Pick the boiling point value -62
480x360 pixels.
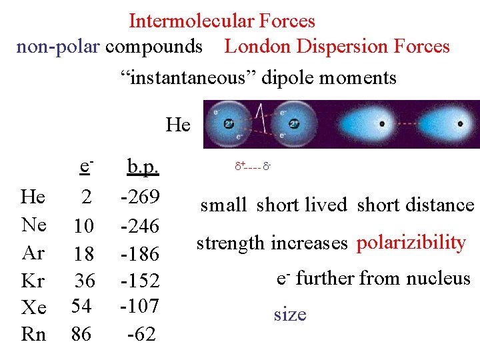tap(142, 333)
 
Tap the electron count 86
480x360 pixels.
tap(82, 333)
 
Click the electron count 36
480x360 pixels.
tap(85, 280)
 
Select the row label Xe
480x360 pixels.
tap(33, 307)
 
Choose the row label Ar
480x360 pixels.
tap(33, 253)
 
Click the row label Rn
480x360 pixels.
tap(33, 333)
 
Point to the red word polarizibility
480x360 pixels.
tap(411, 243)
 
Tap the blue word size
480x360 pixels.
tap(290, 314)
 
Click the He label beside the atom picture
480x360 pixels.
tap(178, 125)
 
